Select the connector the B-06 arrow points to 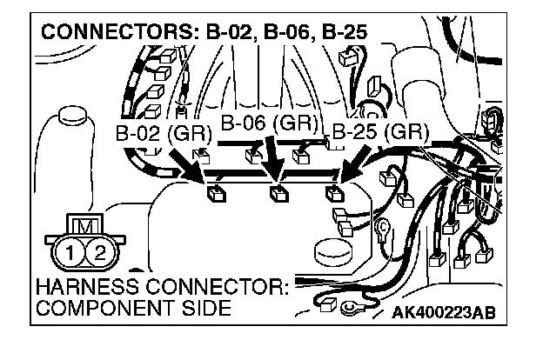(278, 194)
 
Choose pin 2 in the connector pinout (100, 255)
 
